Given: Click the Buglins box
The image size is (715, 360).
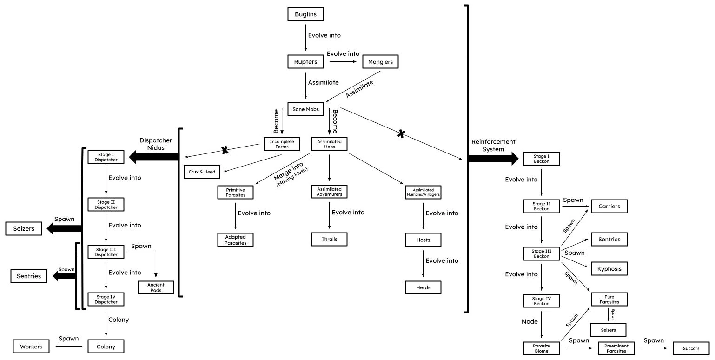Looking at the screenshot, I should pos(305,14).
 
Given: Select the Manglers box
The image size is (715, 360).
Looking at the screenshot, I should pos(380,61).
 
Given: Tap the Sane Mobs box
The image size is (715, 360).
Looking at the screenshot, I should pos(305,109).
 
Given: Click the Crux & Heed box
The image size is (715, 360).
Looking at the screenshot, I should pos(202,172).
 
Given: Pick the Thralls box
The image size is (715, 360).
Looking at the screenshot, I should pos(329,239).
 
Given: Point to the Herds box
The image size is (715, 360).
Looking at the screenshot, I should pos(423,287).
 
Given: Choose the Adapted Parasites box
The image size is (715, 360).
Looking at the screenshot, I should pos(235,240).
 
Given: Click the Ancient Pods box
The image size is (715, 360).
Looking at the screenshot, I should pos(156,287).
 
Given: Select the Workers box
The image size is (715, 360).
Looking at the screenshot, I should pos(31,347).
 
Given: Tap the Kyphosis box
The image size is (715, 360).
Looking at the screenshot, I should pos(609,269).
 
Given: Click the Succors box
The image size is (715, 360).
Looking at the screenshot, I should pos(691,348).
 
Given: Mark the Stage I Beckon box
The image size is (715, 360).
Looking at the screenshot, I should pos(541,159).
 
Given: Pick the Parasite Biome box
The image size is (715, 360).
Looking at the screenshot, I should pos(541,348).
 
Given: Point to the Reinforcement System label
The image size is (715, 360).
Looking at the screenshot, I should pos(493,145).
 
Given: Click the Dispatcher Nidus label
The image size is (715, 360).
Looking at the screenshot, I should pos(156,144).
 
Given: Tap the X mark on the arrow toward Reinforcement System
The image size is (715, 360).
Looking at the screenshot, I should pos(401,133).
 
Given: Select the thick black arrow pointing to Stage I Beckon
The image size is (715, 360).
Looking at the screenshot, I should pos(493,159).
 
